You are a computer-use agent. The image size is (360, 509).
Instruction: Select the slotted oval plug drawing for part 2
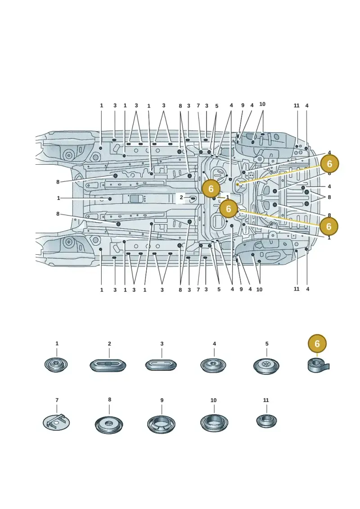click(108, 365)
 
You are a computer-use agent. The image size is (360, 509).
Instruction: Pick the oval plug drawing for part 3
click(161, 365)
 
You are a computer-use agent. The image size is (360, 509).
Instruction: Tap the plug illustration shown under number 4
click(214, 365)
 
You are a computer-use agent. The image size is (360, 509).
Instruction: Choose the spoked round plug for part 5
click(266, 366)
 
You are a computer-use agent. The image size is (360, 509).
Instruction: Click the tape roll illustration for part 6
click(318, 366)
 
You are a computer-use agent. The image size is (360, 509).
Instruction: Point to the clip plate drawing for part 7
click(56, 422)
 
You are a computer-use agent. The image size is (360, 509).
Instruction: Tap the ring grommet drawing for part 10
click(214, 423)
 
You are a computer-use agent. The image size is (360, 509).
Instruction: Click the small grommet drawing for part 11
click(266, 421)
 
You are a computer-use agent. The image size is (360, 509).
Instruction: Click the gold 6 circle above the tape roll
click(317, 343)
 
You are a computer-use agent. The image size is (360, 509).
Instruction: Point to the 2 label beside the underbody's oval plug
click(181, 198)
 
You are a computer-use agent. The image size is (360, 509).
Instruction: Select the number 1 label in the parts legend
click(57, 343)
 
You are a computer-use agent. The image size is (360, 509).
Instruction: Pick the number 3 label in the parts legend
click(162, 343)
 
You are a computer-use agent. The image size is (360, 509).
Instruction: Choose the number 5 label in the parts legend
click(267, 343)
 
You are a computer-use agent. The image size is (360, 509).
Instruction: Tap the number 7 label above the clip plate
click(57, 400)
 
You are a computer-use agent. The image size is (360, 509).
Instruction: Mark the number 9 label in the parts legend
click(162, 400)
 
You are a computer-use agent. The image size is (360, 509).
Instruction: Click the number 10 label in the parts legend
click(213, 400)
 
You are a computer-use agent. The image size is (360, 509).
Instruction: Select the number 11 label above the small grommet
click(266, 400)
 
